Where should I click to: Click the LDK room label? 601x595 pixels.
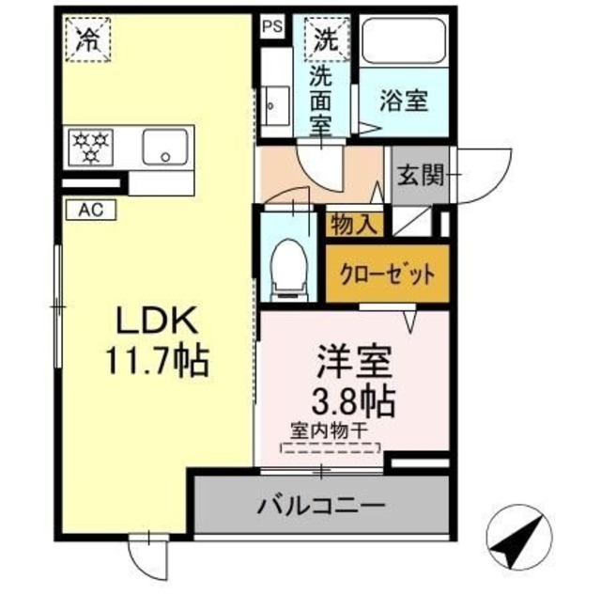point(156,321)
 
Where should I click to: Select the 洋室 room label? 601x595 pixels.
point(353,362)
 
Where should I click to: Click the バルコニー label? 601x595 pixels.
point(321,507)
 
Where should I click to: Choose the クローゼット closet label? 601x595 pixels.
point(387,274)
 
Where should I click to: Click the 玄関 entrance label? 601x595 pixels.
point(420,175)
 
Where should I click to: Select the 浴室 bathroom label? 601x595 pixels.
point(405,102)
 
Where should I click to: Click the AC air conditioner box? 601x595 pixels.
point(90,211)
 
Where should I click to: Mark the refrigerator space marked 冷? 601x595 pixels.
point(87,40)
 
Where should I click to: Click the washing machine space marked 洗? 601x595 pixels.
point(325,40)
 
